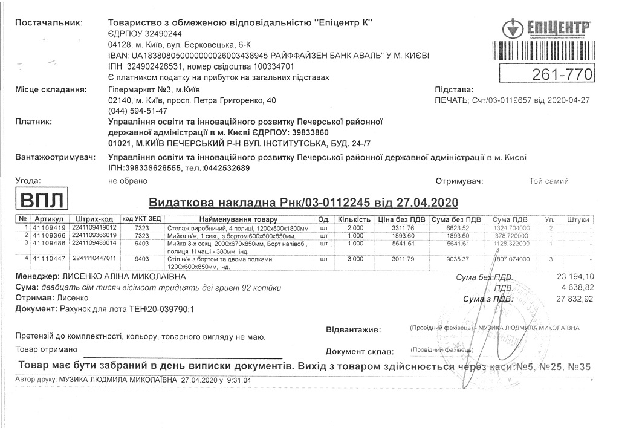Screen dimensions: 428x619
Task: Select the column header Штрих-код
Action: point(94,219)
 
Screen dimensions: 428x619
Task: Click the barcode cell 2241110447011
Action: point(94,258)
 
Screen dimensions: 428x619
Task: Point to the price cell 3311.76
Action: point(403,228)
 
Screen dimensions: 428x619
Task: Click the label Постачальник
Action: point(48,23)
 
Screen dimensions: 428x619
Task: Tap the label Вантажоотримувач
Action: point(55,158)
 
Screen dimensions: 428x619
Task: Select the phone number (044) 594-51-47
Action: point(138,111)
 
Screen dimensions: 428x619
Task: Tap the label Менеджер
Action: point(31,277)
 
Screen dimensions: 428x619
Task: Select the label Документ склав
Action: point(359,351)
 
